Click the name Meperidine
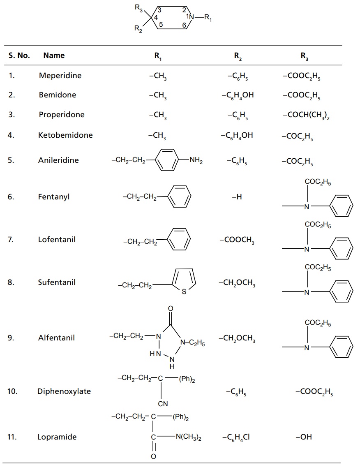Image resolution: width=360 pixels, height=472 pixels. [60, 76]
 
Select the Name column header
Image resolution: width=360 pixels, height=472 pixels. [54, 55]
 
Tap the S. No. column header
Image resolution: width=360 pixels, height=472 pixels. [19, 55]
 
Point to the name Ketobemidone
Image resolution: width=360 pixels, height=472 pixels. [66, 135]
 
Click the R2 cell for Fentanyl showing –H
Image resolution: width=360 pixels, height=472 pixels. [237, 197]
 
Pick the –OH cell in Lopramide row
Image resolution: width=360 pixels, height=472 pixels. [304, 437]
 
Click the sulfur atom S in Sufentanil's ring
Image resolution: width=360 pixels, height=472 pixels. [184, 292]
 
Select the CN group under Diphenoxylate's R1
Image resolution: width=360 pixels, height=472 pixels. [163, 404]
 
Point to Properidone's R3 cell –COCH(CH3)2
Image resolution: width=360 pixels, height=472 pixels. [306, 115]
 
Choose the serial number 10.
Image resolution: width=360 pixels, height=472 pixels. [13, 391]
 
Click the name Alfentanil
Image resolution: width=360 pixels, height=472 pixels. [57, 338]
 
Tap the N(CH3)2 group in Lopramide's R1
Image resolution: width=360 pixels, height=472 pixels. [189, 437]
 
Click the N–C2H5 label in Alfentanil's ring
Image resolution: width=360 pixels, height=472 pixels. [192, 342]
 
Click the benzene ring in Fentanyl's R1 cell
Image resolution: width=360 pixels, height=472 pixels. [180, 197]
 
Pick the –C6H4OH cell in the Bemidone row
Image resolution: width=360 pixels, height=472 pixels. [237, 95]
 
